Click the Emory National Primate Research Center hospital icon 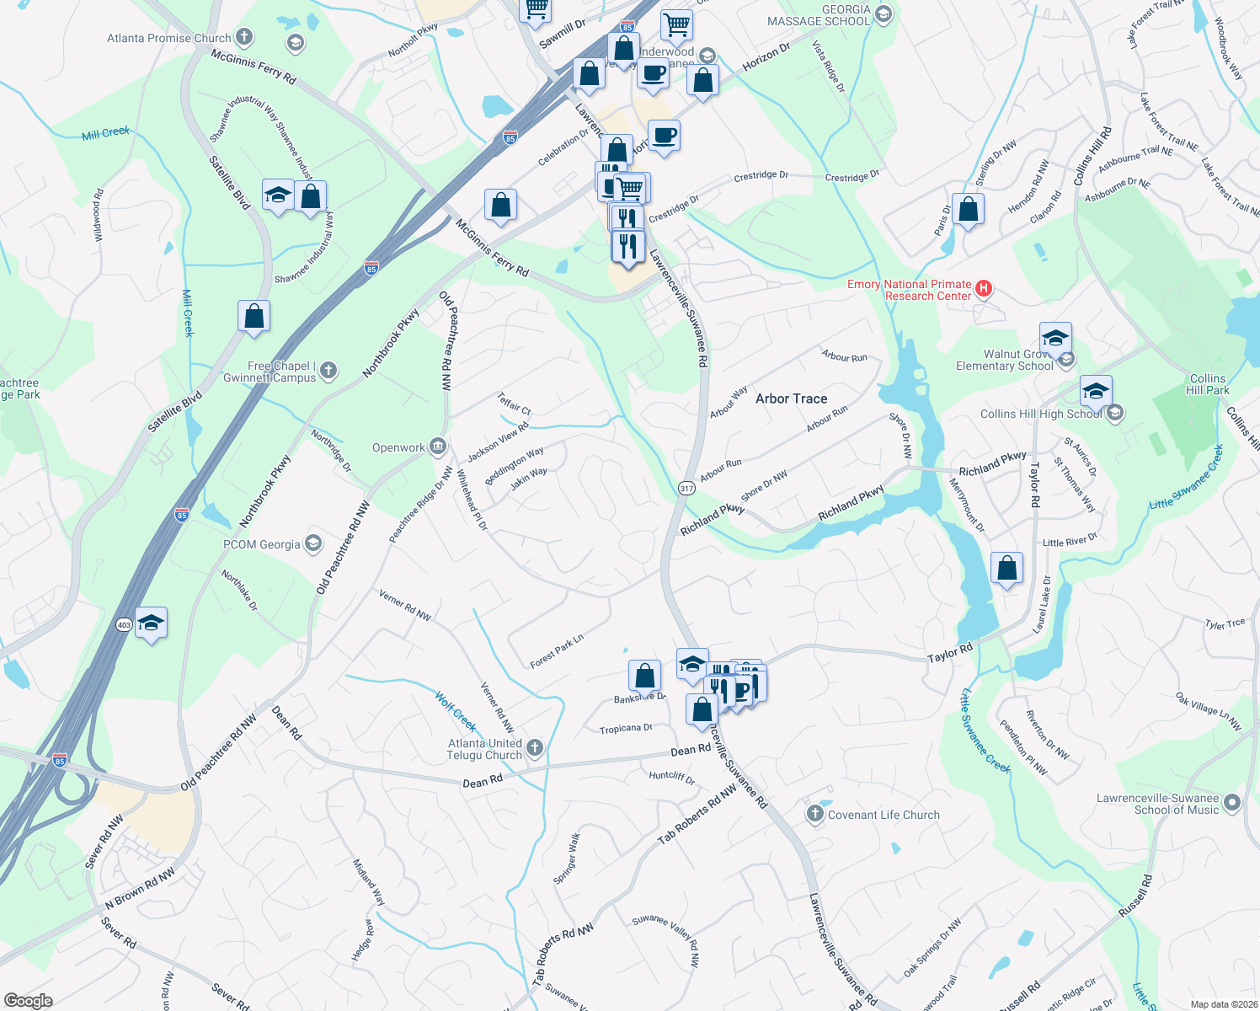point(983,290)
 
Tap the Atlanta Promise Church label point(168,38)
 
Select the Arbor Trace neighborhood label point(791,399)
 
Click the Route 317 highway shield point(686,489)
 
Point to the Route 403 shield point(124,624)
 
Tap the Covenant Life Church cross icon point(814,814)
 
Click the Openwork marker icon point(437,447)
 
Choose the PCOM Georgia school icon point(313,543)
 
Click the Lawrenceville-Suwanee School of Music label point(1157,804)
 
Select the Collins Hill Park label point(1208,384)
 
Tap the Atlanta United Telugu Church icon point(534,748)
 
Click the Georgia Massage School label point(819,15)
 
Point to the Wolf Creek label point(456,711)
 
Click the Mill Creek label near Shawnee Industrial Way point(106,133)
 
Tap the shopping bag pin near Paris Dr point(969,210)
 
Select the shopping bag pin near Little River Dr point(1006,569)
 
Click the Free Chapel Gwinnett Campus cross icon point(328,370)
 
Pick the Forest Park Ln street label point(557,651)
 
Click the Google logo point(28,1001)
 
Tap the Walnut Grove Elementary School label point(1004,360)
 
